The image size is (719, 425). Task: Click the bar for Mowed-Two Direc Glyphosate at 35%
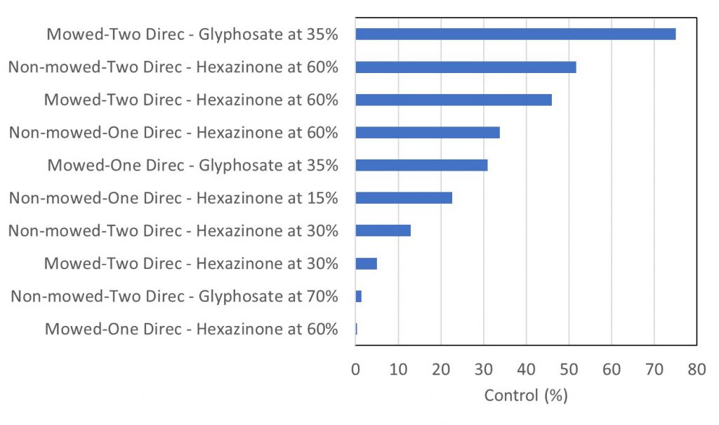click(515, 34)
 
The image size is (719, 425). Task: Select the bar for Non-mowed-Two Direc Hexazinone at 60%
click(466, 67)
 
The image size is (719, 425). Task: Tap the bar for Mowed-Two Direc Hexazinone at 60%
click(454, 100)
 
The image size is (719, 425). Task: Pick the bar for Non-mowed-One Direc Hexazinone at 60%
click(428, 132)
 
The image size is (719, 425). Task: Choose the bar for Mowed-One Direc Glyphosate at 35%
click(421, 165)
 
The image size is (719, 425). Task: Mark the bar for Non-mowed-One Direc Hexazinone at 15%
click(404, 197)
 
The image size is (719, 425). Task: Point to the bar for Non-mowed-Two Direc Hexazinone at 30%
click(383, 230)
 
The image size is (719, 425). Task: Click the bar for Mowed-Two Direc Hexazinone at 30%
click(367, 263)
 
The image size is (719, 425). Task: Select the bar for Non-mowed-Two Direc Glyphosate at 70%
click(359, 296)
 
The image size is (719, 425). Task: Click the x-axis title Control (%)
click(526, 395)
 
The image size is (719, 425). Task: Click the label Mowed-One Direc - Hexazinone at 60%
click(191, 329)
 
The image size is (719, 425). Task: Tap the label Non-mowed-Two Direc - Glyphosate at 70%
click(174, 296)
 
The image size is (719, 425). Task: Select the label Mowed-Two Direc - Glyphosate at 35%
click(192, 34)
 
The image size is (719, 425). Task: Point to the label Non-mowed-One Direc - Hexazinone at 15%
click(173, 198)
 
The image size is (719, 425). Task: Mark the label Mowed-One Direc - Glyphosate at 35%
click(193, 165)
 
